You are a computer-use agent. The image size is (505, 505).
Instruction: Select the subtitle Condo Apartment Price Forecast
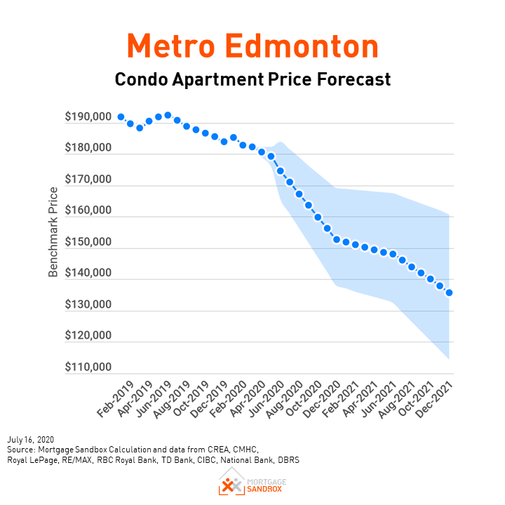(252, 79)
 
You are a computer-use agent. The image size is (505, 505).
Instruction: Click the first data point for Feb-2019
(121, 117)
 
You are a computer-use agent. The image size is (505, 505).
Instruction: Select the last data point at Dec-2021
(449, 292)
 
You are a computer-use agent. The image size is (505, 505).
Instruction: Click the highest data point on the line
(168, 115)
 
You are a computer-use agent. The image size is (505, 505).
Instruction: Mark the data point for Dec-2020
(336, 239)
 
